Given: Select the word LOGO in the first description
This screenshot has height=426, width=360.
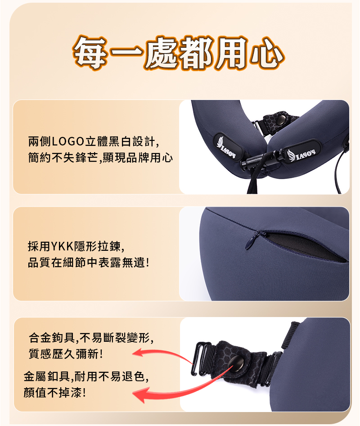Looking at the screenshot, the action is pos(68,141).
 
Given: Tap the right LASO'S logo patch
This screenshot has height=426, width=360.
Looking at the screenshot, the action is pos(301,152).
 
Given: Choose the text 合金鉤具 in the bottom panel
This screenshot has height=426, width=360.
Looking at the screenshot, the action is pos(52,338).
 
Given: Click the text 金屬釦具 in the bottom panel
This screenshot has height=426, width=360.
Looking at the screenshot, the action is pos(47,376).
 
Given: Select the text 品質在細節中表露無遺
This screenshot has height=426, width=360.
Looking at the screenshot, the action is pos(86,263).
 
